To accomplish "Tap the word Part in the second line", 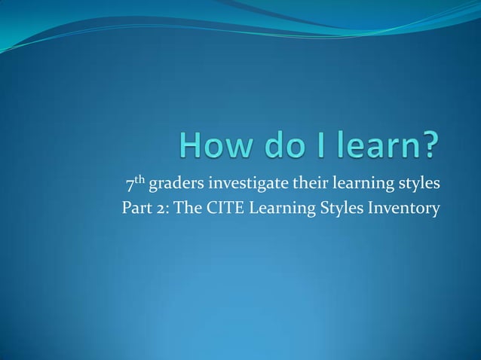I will click(136, 208).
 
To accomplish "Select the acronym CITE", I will click(221, 208).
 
